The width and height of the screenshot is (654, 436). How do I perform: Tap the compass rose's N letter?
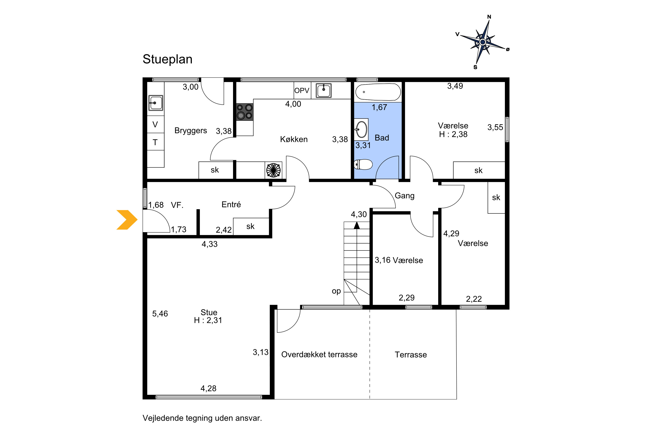click(x=489, y=17)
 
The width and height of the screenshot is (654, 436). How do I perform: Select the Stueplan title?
click(x=167, y=59)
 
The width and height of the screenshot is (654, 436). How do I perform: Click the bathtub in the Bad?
click(x=378, y=92)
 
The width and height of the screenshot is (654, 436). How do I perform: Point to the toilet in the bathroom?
click(x=363, y=164)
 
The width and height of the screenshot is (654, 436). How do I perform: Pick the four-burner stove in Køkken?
click(x=245, y=112)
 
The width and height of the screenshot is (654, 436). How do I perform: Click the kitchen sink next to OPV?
click(x=324, y=91)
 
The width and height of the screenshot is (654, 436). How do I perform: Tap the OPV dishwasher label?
click(x=302, y=90)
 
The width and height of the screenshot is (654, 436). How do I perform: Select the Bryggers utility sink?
click(x=156, y=103)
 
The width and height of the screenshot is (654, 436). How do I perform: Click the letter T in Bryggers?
click(x=155, y=142)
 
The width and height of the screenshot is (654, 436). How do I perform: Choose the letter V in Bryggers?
click(x=155, y=124)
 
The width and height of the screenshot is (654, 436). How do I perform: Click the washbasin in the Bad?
click(x=361, y=129)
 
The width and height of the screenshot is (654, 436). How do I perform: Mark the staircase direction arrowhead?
click(x=357, y=225)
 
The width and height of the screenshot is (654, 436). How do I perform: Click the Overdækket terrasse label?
click(x=319, y=354)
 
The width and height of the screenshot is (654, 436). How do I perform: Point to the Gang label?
click(x=405, y=196)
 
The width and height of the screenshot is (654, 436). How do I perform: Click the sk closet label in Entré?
click(x=250, y=226)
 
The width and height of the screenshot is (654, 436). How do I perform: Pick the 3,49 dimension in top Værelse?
click(x=455, y=86)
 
